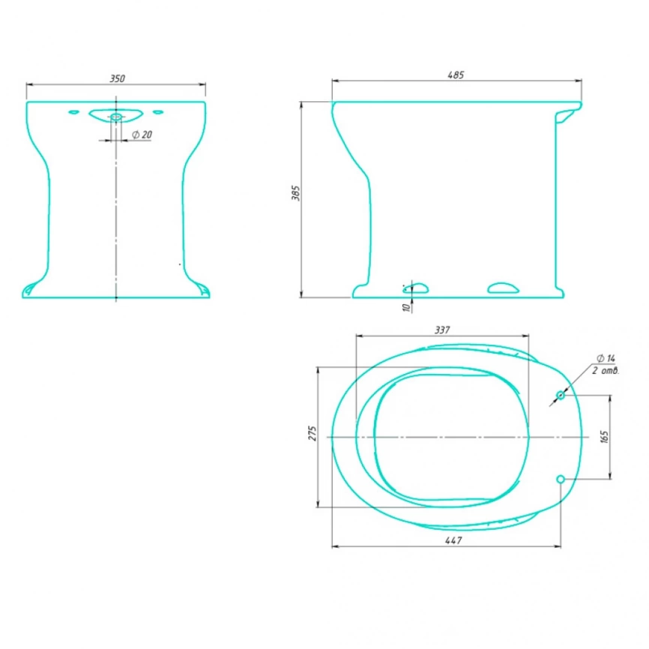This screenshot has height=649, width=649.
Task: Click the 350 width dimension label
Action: pos(117,79)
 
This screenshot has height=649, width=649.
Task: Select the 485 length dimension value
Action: pos(456,75)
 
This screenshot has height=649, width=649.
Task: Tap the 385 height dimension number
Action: pos(295,193)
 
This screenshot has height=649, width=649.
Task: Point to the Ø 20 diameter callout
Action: pos(142,134)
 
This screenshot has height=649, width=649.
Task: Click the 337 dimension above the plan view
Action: pos(442,330)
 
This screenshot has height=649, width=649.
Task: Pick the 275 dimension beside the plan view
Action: pos(313,433)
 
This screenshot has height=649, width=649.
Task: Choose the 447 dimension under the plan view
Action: pos(453,540)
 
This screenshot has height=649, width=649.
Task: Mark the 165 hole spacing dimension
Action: pos(604,437)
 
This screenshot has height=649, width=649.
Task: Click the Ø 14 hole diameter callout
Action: pos(606,358)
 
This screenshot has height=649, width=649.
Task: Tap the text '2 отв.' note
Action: pos(606,370)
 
